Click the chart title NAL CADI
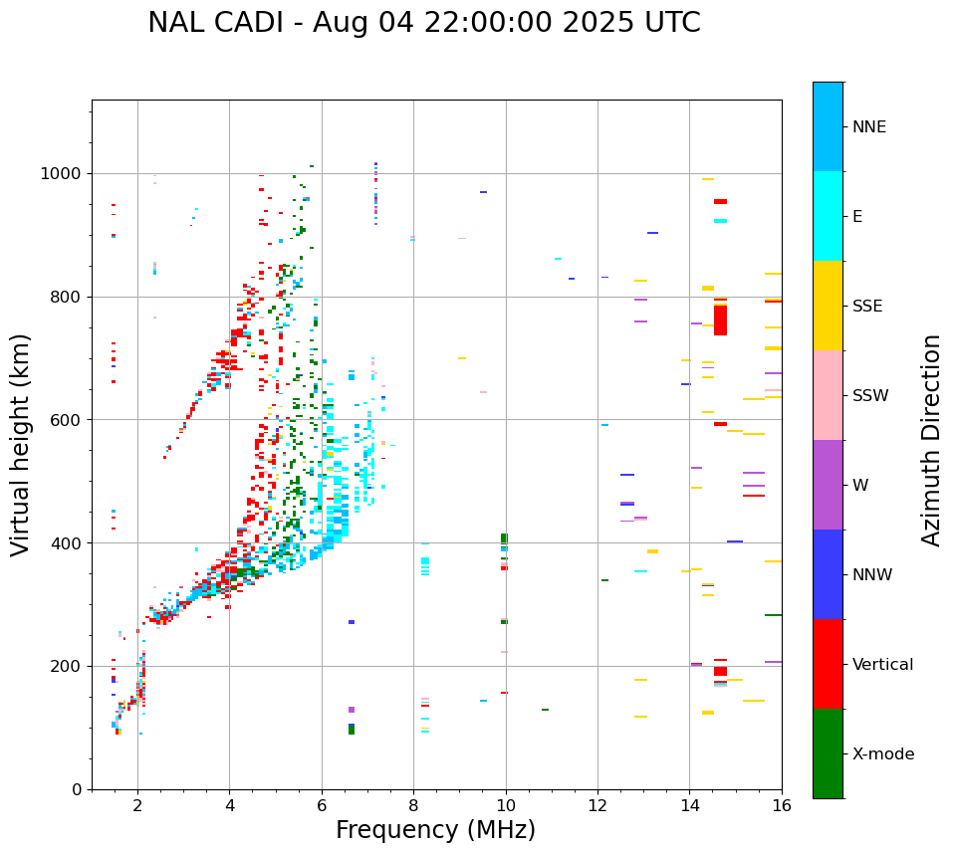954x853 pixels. click(423, 23)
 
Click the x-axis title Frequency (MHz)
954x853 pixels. click(435, 830)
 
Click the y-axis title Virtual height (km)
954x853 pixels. click(21, 444)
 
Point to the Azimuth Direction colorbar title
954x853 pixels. click(931, 440)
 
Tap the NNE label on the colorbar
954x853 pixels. click(868, 127)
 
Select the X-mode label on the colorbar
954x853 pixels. click(882, 754)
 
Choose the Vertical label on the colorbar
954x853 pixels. click(883, 665)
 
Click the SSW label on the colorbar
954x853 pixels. click(870, 396)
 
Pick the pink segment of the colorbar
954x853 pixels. click(828, 395)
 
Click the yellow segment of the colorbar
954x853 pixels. click(828, 306)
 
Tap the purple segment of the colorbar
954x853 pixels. click(828, 485)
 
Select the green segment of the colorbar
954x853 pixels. click(828, 753)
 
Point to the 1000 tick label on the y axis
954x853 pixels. click(63, 174)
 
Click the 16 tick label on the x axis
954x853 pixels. click(782, 806)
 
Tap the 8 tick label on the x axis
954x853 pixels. click(413, 806)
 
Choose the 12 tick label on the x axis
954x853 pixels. click(597, 806)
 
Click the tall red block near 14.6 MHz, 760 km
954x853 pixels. click(720, 320)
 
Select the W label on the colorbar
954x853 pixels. click(859, 486)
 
